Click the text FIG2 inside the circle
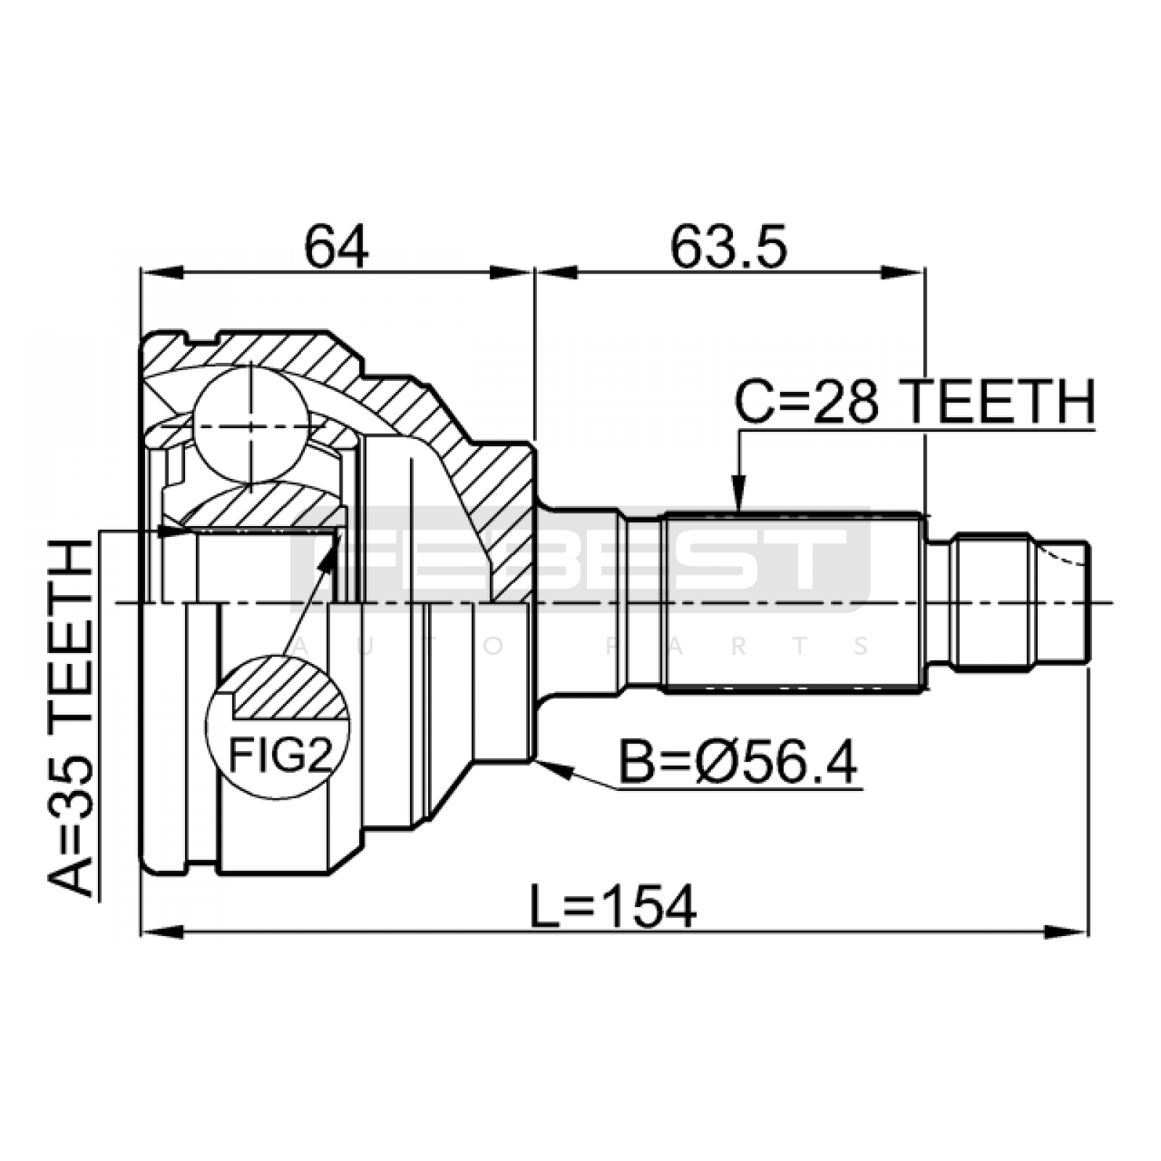point(280,755)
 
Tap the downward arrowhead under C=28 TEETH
point(738,493)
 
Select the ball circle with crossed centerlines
point(250,424)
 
